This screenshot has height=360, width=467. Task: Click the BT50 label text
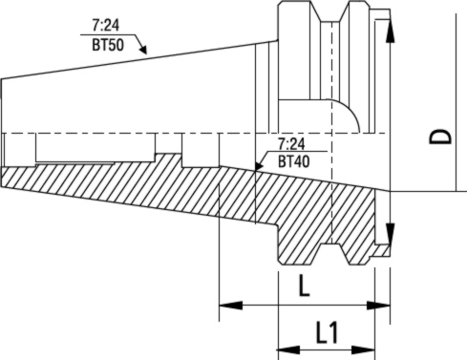[x=108, y=45]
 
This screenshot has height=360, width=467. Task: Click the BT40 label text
[x=293, y=161]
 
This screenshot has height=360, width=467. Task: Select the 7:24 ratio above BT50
[x=106, y=25]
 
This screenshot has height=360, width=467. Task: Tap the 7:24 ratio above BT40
[x=291, y=144]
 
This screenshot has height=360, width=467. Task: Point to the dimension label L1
[x=327, y=332]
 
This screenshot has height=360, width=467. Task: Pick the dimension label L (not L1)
[x=304, y=286]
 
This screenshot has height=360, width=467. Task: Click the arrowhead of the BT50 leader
[x=143, y=49]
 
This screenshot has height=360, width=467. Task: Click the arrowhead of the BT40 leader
[x=259, y=166]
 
